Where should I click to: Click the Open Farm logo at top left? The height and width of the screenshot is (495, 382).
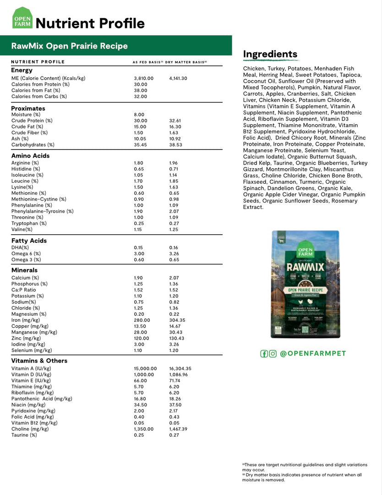22,18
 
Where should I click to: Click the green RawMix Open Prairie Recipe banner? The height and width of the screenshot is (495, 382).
116,46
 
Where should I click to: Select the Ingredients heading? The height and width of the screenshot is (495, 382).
270,54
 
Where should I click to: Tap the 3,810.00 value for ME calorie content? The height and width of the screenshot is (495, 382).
143,78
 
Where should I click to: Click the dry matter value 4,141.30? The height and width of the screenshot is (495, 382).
178,78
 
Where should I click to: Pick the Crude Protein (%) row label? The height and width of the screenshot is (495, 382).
32,121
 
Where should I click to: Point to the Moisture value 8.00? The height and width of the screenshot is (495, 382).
139,115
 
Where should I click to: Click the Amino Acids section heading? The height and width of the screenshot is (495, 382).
30,156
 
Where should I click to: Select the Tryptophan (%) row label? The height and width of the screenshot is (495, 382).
29,223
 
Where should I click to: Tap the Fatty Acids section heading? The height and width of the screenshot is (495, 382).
29,241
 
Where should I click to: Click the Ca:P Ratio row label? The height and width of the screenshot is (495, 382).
23,290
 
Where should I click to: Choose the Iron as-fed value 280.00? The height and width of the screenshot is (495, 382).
142,320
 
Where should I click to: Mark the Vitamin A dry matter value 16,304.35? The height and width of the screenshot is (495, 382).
180,368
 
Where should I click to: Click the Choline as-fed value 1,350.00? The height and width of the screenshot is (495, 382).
144,429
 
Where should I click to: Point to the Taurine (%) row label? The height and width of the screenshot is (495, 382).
24,435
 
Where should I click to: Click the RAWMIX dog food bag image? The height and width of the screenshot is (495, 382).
305,284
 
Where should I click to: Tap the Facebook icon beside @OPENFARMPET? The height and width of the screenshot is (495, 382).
264,353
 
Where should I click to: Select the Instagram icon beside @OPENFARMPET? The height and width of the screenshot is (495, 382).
273,353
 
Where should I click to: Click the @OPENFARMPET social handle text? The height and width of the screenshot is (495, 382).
313,353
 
